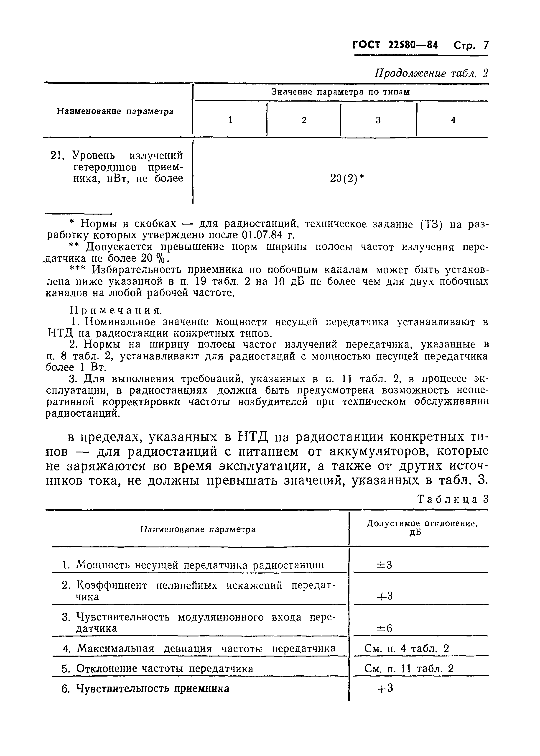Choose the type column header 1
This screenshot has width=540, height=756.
[230, 120]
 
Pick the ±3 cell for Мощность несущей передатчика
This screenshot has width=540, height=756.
[384, 565]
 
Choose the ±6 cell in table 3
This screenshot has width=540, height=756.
[384, 628]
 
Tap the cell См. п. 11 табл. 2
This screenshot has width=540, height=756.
[409, 669]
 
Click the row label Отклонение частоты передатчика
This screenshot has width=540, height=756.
[165, 669]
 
